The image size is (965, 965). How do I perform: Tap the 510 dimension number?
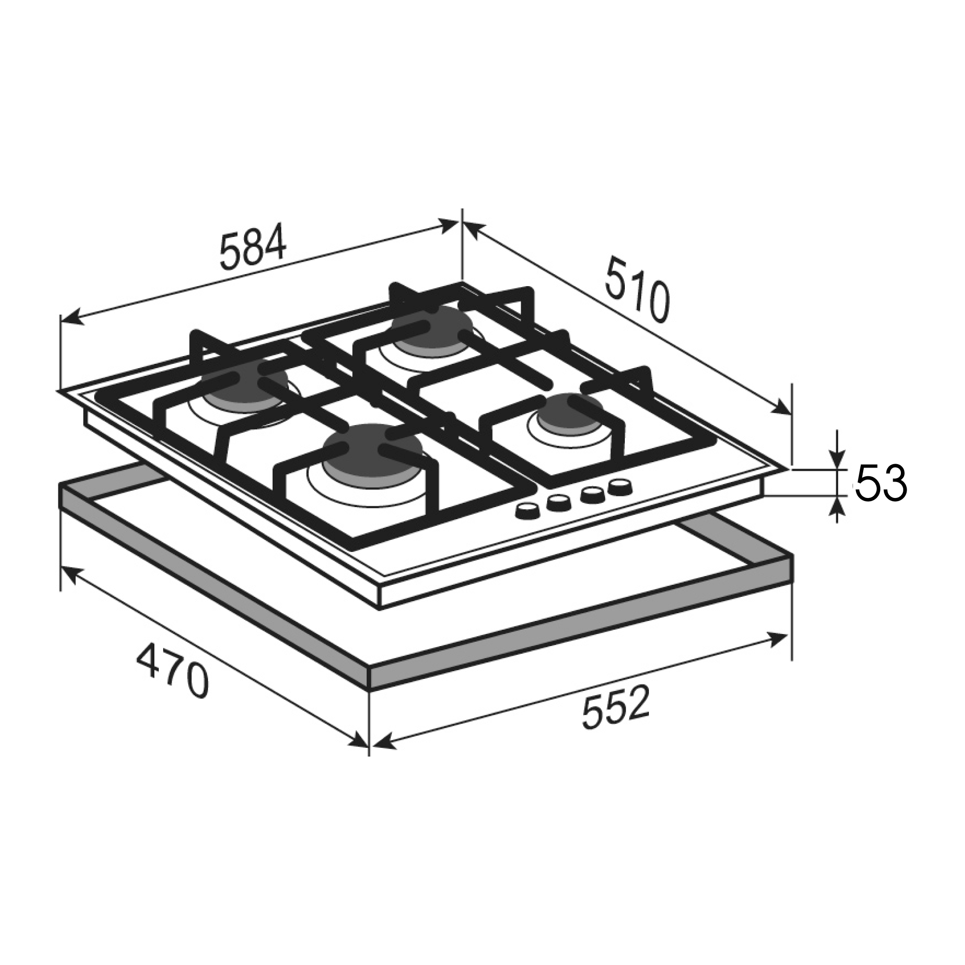[636, 289]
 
